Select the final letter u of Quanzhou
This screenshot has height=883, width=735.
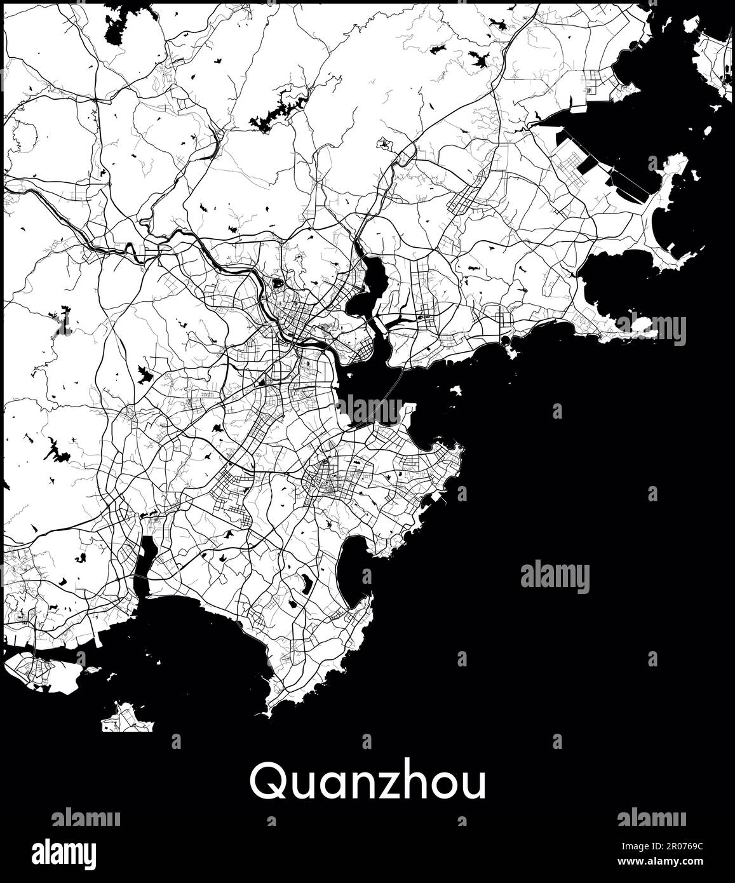coord(474,785)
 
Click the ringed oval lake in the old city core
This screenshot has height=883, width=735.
coord(278,283)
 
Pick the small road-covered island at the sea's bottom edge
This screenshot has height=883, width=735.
coord(127,718)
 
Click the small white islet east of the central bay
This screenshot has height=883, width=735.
coord(455,389)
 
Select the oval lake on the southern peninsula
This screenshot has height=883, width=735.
coord(306,583)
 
